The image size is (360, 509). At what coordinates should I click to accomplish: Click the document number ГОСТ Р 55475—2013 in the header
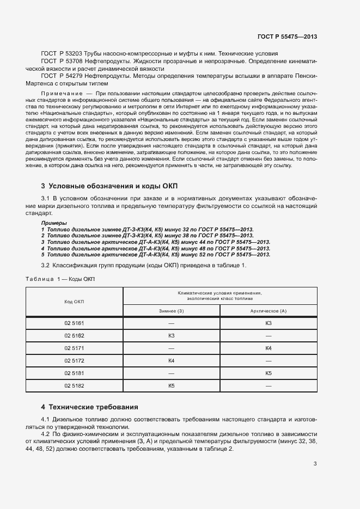coord(286,36)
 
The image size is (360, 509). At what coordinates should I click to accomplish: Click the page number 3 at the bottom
coord(315,464)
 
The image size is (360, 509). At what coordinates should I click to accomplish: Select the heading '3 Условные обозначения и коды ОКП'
coord(113,186)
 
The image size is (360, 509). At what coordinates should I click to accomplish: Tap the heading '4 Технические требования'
coord(90,407)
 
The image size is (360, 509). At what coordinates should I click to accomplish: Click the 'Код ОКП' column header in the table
coord(74,301)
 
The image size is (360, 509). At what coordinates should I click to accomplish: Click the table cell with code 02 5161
coord(74,323)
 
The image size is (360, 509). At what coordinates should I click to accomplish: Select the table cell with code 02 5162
coord(74,335)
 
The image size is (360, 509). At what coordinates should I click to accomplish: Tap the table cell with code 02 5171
coord(74,348)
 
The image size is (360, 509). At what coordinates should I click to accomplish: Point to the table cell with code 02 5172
coord(74,360)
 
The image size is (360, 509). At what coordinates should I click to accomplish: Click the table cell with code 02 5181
coord(74,373)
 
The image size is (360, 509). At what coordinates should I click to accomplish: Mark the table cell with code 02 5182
coord(74,385)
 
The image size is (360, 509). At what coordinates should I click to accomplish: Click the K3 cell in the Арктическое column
coord(268,323)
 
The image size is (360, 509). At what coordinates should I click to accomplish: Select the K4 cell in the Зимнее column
coord(171,360)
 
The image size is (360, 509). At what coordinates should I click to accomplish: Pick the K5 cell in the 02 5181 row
coord(268,373)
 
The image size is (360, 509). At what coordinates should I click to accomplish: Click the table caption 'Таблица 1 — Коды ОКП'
coord(60,279)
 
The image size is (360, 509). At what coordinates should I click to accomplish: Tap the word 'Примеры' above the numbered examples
coord(54,223)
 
